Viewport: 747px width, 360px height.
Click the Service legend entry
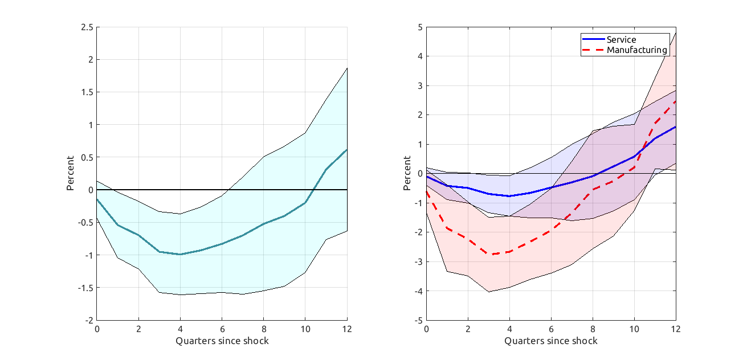click(x=621, y=39)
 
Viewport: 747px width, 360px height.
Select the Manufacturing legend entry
click(x=636, y=50)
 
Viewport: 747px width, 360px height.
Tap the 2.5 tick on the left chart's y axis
click(x=88, y=27)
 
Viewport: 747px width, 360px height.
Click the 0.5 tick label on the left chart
click(x=88, y=157)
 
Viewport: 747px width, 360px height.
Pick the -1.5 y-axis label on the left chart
click(x=86, y=288)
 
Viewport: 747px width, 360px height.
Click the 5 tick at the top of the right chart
click(x=420, y=27)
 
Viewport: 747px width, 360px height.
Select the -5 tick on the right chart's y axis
click(x=418, y=320)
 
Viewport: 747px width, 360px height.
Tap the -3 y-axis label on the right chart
click(x=418, y=261)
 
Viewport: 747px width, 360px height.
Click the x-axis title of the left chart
click(x=222, y=341)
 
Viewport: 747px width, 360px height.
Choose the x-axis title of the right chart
click(x=551, y=341)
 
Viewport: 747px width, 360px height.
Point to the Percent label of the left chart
click(x=70, y=173)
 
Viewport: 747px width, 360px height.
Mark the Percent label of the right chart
click(x=407, y=173)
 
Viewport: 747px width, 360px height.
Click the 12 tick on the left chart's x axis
click(x=347, y=329)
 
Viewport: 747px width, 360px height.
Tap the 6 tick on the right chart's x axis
click(x=551, y=329)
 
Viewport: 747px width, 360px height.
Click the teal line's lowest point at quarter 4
click(x=180, y=254)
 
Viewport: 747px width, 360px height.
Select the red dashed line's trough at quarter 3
click(x=489, y=254)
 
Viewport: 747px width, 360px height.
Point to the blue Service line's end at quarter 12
click(x=676, y=126)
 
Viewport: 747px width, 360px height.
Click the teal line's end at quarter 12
click(x=347, y=150)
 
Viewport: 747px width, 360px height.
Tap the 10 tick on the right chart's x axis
click(x=634, y=329)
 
